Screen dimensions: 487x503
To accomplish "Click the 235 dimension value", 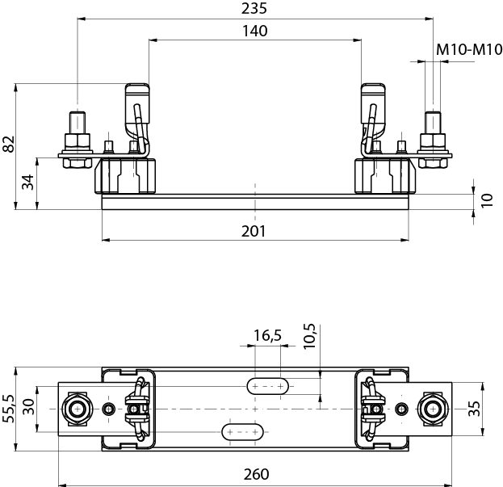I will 254,9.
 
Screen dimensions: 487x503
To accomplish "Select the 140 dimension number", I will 254,31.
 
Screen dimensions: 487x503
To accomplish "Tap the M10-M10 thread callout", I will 468,50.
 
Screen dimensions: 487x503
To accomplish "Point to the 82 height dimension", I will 8,145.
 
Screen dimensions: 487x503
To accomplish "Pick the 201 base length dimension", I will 254,232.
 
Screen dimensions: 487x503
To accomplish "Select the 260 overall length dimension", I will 255,474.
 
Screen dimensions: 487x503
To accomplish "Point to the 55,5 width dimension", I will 9,409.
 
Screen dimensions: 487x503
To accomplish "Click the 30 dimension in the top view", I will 30,407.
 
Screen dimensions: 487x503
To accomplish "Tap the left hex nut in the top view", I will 78,409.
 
